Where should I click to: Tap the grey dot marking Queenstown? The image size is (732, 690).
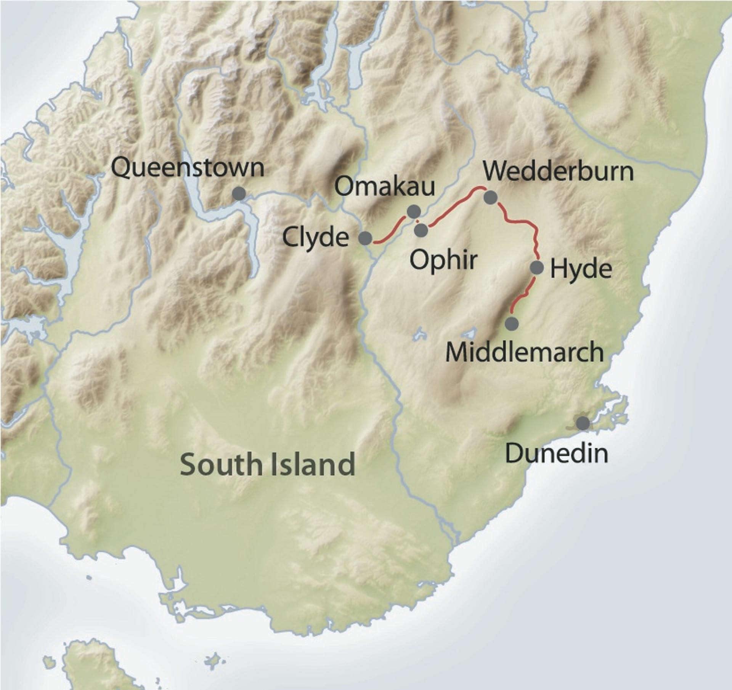[x=239, y=194]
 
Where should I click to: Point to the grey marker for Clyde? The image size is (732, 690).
[x=365, y=238]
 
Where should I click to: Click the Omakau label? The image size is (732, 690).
[x=385, y=187]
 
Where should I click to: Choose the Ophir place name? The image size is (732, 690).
[x=443, y=260]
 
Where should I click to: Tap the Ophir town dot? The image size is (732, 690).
[x=421, y=230]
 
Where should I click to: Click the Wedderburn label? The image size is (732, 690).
[x=558, y=172]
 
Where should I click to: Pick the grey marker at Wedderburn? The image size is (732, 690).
[x=490, y=197]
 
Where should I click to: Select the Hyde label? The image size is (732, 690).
[x=581, y=269]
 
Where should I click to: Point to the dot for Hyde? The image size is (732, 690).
[x=537, y=267]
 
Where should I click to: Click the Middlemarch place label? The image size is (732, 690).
[x=525, y=352]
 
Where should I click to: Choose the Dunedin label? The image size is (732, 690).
[x=557, y=454]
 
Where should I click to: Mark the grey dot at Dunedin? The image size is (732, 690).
[x=582, y=423]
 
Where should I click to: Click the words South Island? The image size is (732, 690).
[x=268, y=464]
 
